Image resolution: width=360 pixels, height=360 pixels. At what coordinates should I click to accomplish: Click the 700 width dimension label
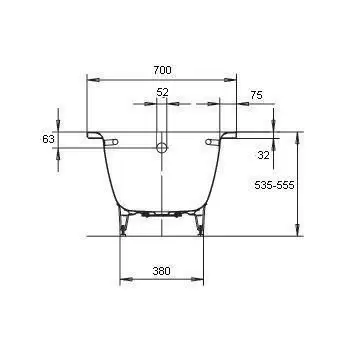(x=162, y=70)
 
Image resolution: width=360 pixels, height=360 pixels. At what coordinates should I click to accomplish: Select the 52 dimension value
(x=162, y=92)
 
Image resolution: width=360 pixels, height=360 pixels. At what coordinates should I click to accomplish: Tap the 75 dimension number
(x=256, y=95)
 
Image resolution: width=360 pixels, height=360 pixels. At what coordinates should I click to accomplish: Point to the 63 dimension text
(x=48, y=139)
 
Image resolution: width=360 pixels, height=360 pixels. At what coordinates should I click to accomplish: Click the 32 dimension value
(x=263, y=155)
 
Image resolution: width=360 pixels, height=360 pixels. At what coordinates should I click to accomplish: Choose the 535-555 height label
(x=274, y=185)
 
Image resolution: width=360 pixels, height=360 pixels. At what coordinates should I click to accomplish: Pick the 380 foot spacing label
(x=162, y=271)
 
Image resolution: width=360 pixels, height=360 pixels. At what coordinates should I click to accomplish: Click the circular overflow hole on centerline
(x=162, y=147)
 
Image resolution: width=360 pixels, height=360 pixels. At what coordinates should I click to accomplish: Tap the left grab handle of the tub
(x=111, y=142)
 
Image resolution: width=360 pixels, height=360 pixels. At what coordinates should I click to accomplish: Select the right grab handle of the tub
(x=212, y=142)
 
